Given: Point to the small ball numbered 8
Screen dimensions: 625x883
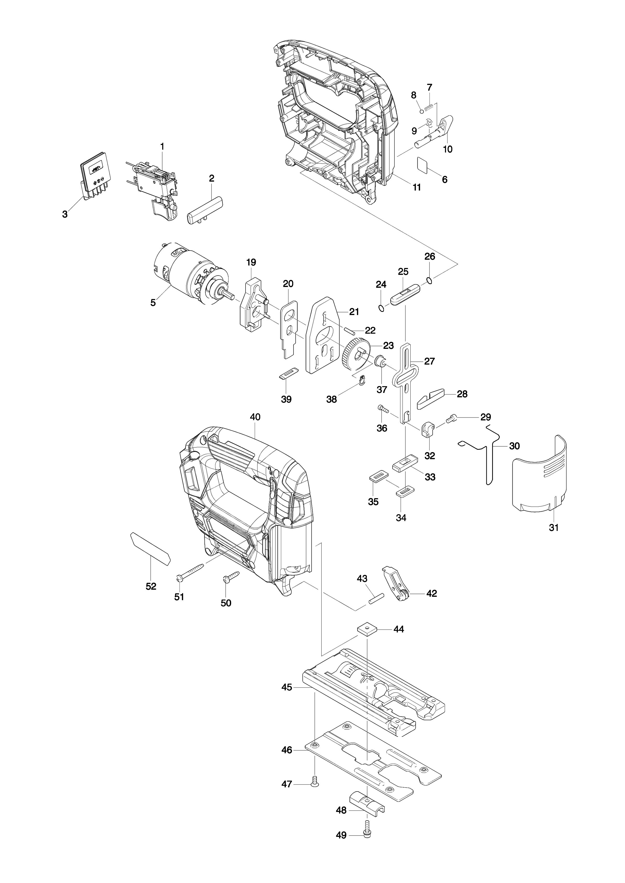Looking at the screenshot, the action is coord(422,111).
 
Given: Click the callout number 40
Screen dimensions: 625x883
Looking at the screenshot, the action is coord(255,417).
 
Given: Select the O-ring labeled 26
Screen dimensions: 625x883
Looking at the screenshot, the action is coord(430,280).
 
